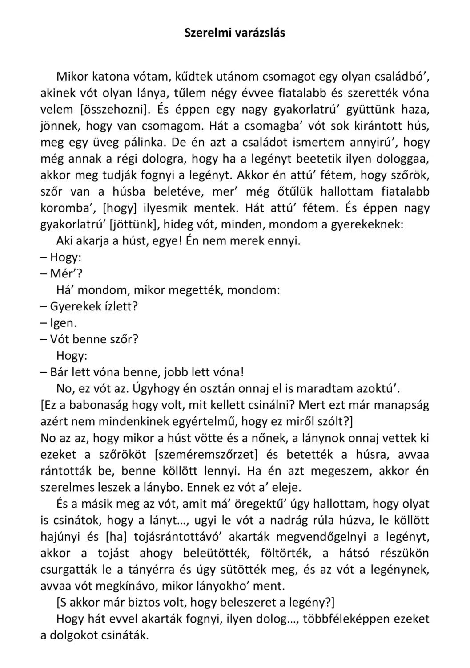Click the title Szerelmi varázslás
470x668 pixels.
235,33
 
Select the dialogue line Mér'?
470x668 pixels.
61,274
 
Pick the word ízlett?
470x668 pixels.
119,307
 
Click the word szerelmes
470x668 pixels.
68,488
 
